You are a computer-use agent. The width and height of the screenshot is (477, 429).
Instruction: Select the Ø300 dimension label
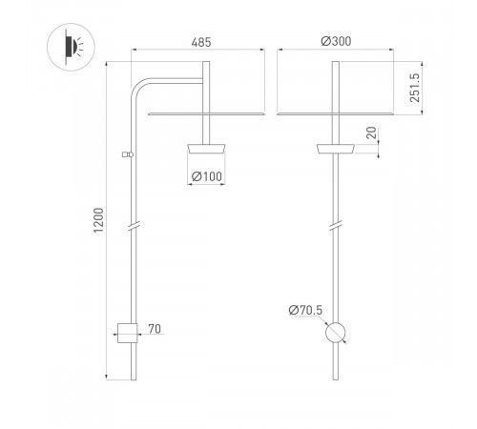click(x=335, y=42)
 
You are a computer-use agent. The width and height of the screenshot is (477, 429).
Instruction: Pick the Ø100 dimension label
click(x=207, y=176)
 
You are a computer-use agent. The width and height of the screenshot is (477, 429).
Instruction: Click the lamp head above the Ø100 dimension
click(x=207, y=148)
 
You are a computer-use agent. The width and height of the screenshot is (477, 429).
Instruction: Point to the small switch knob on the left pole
click(x=126, y=153)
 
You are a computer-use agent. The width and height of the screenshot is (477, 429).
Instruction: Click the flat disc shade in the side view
click(x=207, y=112)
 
